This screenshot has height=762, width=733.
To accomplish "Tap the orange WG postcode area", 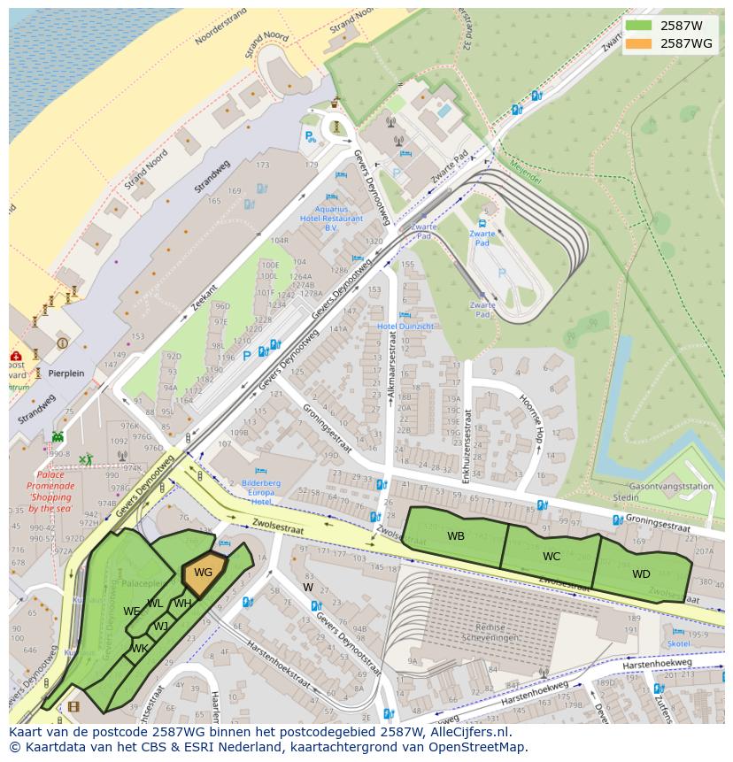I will pyautogui.click(x=203, y=573).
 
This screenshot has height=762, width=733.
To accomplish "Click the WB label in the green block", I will pyautogui.click(x=455, y=536).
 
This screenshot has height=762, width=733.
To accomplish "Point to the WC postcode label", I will pyautogui.click(x=552, y=557).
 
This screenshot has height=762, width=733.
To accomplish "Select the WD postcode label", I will pyautogui.click(x=641, y=574).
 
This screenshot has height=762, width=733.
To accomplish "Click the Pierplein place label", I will pyautogui.click(x=66, y=373).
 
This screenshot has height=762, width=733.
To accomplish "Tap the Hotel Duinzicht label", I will pyautogui.click(x=405, y=327).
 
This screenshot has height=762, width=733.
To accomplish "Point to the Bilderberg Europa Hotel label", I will pyautogui.click(x=261, y=492).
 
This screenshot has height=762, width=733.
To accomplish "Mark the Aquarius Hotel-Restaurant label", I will pyautogui.click(x=331, y=218).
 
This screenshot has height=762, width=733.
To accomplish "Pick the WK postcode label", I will pyautogui.click(x=139, y=649).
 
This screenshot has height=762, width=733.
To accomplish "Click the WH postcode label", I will pyautogui.click(x=182, y=604).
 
